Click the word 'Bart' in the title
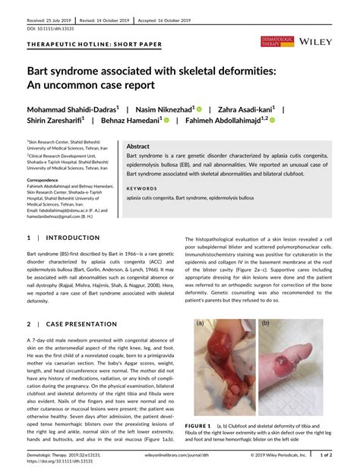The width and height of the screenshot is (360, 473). pyautogui.click(x=43, y=71)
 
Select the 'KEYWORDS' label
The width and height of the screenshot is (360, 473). pyautogui.click(x=142, y=188)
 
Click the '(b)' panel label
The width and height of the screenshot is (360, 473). pyautogui.click(x=265, y=322)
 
